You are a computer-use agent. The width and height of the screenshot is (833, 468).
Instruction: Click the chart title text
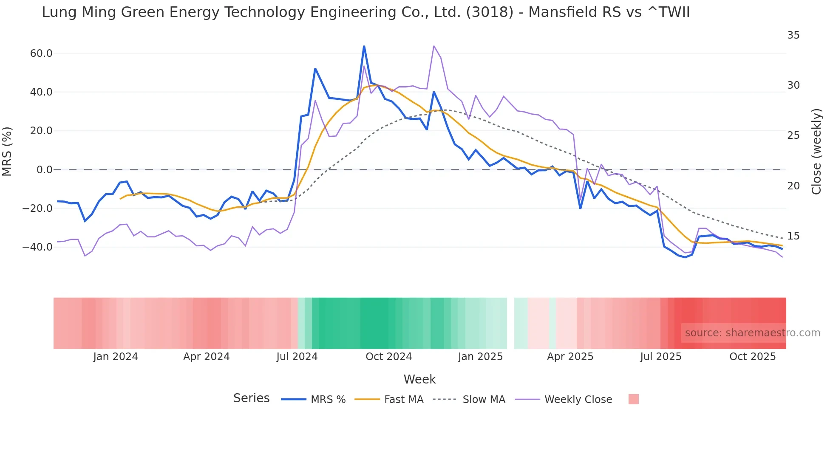[365, 12]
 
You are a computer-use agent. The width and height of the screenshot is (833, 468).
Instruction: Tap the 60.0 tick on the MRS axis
[41, 54]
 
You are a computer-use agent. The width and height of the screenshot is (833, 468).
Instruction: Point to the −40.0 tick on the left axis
[38, 247]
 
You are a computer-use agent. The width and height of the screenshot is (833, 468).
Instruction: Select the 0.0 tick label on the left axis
[44, 170]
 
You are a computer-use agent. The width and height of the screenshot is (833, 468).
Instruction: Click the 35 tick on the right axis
[793, 35]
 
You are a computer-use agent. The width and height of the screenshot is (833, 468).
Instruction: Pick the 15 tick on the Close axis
[793, 236]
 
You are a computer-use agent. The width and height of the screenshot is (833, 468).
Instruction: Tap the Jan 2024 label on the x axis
[116, 357]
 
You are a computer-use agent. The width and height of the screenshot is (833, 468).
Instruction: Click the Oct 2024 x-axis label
[388, 357]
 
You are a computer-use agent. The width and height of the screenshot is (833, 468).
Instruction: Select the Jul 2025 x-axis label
[660, 357]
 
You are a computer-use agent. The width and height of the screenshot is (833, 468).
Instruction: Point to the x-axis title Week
[419, 379]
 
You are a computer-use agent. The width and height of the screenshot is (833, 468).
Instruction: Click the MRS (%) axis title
[7, 151]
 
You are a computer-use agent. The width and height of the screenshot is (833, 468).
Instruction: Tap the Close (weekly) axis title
[816, 151]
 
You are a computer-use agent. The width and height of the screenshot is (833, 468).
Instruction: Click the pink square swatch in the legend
[633, 399]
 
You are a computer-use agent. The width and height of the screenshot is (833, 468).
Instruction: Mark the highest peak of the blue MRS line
[364, 46]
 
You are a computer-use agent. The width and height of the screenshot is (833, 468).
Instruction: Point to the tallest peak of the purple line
[433, 46]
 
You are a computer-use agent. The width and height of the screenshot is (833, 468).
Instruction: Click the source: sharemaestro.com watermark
[752, 333]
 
